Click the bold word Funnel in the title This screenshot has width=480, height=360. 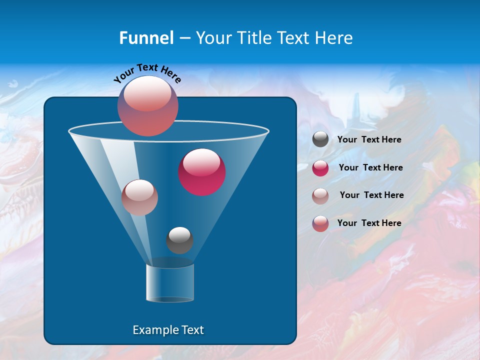pos(146,38)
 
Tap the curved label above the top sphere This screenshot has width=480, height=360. pos(147,73)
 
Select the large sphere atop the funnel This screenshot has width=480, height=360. pos(148,106)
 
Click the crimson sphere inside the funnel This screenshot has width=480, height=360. pos(202,172)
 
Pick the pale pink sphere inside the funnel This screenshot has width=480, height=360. pos(139,197)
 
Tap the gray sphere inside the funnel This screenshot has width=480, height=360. pos(179,240)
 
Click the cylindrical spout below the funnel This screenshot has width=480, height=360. pos(169,282)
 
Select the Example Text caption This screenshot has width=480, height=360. pos(168,330)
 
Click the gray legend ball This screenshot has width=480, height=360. pos(320,139)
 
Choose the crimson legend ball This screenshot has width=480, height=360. pos(320,168)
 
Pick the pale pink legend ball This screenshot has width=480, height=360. pos(320,195)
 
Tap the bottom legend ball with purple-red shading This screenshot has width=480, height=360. pos(320,223)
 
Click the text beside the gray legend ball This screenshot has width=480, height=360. pos(369,140)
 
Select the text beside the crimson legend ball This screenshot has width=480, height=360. pos(370,167)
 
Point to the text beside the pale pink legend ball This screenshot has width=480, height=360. pos(371,195)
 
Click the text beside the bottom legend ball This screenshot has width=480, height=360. pos(369,223)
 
